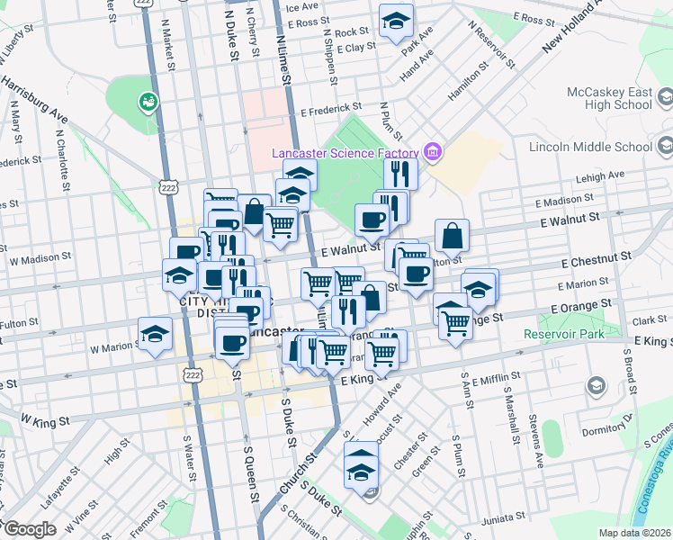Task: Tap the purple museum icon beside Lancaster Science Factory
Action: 433,151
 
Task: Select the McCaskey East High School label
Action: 609,98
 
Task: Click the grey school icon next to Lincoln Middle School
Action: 665,146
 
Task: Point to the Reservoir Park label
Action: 565,334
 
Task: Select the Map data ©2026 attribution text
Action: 635,533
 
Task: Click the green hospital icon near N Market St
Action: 145,103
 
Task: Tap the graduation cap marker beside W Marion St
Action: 155,334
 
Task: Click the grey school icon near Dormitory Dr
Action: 595,386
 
